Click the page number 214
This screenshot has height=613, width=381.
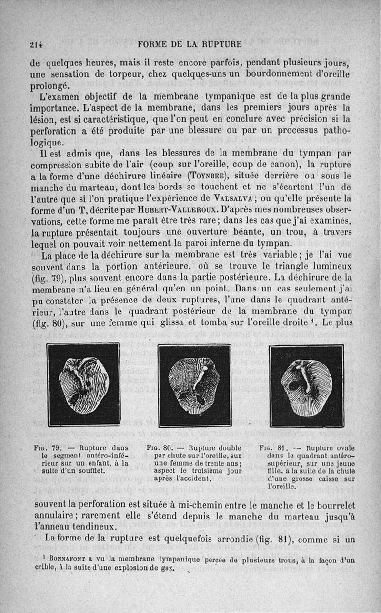[36, 44]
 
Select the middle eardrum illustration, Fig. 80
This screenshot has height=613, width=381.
[195, 385]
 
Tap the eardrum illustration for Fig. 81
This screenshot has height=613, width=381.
[306, 385]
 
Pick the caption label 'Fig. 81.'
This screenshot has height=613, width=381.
[272, 448]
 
